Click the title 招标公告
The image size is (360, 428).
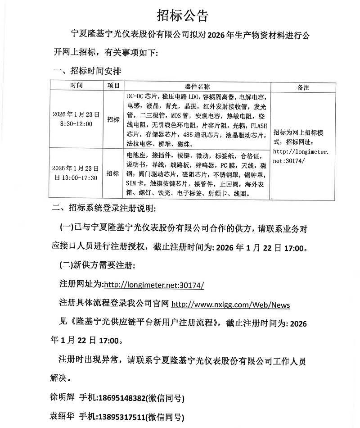[182, 16]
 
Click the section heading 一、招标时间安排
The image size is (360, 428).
[87, 71]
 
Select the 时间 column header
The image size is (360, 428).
[76, 85]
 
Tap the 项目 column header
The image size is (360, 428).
[113, 85]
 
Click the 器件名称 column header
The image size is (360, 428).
[197, 86]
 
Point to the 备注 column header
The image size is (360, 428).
[303, 87]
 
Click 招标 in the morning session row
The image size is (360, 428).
[113, 119]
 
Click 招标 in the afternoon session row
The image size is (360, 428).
[113, 173]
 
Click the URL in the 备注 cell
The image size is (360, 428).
[301, 156]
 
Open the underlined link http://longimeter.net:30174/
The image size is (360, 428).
[154, 285]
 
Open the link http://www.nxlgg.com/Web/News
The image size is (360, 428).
[231, 305]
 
